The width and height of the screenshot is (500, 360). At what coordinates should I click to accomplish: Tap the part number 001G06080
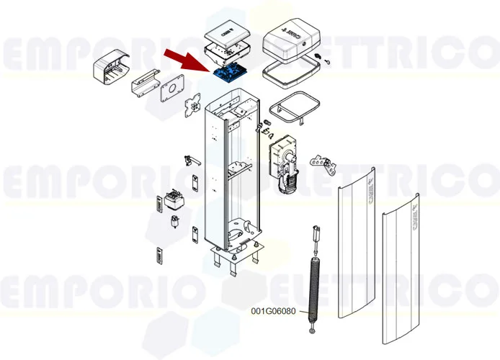pyautogui.click(x=273, y=311)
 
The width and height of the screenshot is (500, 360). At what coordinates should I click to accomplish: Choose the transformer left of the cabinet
pyautogui.click(x=174, y=199)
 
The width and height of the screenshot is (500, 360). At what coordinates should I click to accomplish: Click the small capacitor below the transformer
pyautogui.click(x=174, y=221)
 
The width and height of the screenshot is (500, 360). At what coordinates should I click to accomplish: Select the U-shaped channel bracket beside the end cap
pyautogui.click(x=144, y=84)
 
